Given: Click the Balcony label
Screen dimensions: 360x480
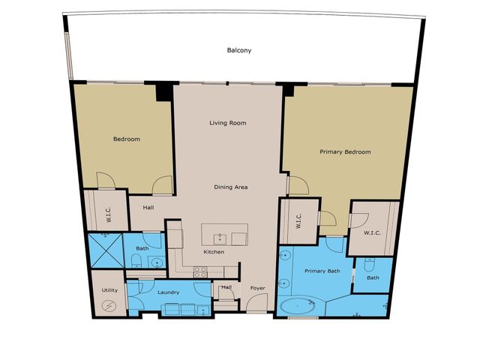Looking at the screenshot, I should point(239,51).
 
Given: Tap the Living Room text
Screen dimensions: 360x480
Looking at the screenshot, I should point(228,123).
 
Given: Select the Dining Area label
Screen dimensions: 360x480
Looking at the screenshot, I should point(231,187).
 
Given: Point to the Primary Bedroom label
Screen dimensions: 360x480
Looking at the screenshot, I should point(345,152).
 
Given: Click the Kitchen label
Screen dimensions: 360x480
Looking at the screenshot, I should point(214,251).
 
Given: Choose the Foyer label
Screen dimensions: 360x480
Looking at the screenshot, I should point(258,287).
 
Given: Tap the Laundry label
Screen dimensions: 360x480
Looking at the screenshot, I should point(166,293).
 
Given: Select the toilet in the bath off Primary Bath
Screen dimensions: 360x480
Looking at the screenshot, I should point(369,265).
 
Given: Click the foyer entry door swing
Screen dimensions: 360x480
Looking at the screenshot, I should point(256,303).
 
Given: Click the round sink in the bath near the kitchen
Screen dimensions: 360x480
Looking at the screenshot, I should point(156,262).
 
